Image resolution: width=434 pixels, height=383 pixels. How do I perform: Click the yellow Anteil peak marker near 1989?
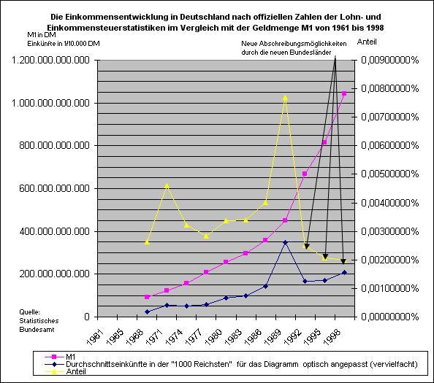[x=285, y=98]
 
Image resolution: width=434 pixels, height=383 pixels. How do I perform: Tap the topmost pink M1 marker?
[x=344, y=93]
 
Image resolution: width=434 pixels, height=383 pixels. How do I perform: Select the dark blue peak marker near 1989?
[x=286, y=243]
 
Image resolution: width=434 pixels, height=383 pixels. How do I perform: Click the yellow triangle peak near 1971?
[x=167, y=186]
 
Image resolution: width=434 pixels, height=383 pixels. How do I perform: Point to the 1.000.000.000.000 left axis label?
[x=50, y=103]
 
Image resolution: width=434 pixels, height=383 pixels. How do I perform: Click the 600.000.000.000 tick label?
[x=55, y=188]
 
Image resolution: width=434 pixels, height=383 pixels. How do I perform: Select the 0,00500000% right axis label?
[x=389, y=174]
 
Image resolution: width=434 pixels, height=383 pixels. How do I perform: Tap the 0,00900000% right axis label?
[x=389, y=60]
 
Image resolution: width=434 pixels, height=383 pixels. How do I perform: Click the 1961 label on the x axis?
[x=95, y=338]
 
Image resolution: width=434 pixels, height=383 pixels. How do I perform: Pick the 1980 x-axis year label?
[x=213, y=338]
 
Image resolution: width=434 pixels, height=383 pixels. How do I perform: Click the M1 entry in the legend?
[x=71, y=357]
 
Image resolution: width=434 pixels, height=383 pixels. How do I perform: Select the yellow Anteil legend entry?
[x=76, y=371]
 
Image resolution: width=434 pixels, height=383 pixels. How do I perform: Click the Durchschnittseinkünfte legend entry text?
[x=241, y=364]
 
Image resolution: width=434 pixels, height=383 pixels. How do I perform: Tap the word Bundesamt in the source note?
[x=37, y=330]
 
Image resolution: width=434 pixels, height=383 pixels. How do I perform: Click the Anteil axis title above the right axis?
[x=367, y=42]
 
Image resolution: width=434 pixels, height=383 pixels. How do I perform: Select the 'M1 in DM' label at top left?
[x=42, y=35]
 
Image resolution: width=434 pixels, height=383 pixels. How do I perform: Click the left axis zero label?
[x=87, y=317]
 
